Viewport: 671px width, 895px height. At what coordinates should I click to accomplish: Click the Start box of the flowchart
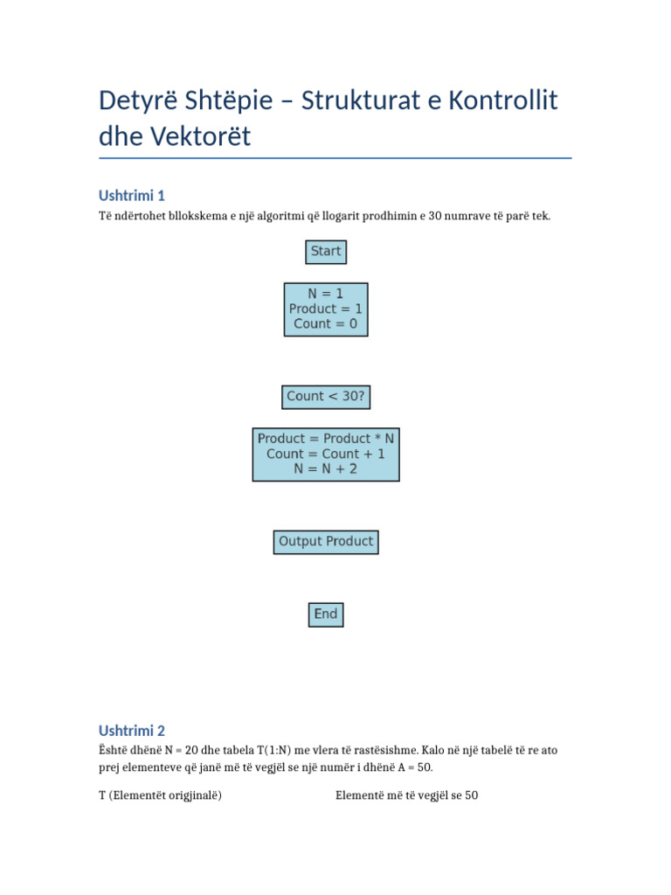326,252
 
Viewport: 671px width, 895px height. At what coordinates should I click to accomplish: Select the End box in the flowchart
326,614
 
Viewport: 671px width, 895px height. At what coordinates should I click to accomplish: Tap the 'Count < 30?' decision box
326,397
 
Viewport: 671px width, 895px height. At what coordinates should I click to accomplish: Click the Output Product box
326,542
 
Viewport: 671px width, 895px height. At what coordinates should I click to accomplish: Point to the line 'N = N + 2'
326,469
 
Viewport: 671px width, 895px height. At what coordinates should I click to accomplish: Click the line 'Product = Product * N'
326,439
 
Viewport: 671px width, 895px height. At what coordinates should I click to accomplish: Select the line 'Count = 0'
326,324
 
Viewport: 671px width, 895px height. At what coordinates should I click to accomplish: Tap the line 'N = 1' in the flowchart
326,295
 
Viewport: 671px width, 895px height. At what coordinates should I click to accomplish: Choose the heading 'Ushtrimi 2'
132,731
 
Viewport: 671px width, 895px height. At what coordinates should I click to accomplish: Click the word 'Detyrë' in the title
138,102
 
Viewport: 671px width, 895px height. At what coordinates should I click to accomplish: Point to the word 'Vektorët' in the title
202,137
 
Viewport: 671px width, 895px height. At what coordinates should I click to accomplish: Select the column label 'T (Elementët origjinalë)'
160,796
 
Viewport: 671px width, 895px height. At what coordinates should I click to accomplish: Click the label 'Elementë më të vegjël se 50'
407,796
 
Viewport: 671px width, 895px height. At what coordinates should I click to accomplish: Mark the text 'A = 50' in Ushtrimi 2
412,767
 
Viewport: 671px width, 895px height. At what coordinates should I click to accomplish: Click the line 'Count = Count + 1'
326,454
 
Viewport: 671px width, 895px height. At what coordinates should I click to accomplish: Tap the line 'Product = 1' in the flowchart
326,309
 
